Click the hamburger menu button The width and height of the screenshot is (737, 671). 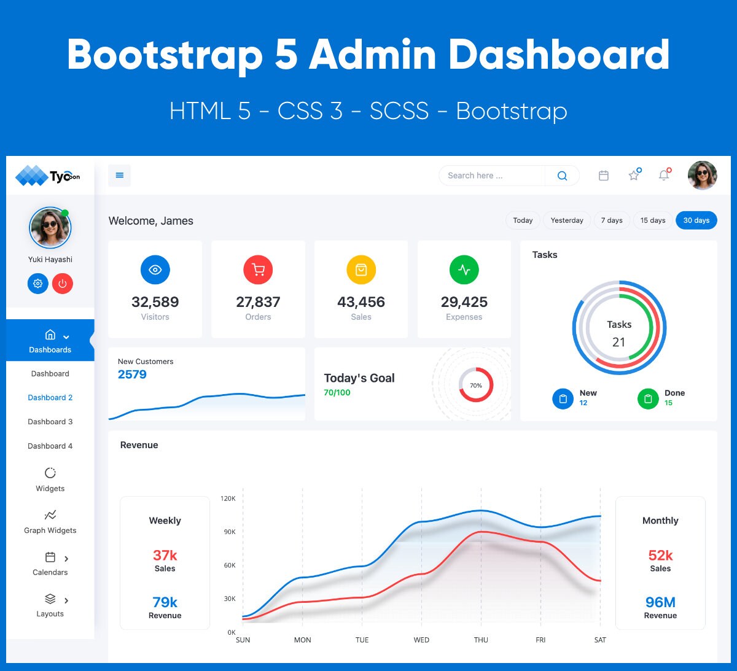(x=119, y=176)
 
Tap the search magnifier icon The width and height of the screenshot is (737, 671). (x=562, y=176)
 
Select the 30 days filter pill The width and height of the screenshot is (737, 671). (x=696, y=220)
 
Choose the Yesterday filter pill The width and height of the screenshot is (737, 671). (x=566, y=220)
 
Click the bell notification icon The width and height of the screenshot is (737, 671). (x=664, y=176)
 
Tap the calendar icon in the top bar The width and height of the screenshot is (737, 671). (x=604, y=176)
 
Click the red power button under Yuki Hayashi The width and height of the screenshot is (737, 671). (x=63, y=284)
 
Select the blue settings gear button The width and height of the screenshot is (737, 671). (x=37, y=284)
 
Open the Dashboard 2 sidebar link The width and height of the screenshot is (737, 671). (x=50, y=398)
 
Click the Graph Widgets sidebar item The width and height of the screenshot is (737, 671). (x=50, y=522)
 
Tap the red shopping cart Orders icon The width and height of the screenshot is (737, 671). (x=258, y=270)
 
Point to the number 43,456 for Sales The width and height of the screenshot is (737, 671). (x=361, y=302)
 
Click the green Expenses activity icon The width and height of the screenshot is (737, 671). (x=464, y=270)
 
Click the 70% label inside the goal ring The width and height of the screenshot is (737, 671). (x=476, y=386)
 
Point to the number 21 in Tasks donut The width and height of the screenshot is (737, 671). (x=619, y=343)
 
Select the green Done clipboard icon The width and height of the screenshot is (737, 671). (x=647, y=399)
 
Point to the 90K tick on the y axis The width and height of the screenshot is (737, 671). (x=230, y=532)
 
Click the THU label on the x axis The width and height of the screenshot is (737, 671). (x=481, y=640)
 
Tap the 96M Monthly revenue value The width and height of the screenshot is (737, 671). (x=660, y=602)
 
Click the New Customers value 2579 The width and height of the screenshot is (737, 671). (x=132, y=374)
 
